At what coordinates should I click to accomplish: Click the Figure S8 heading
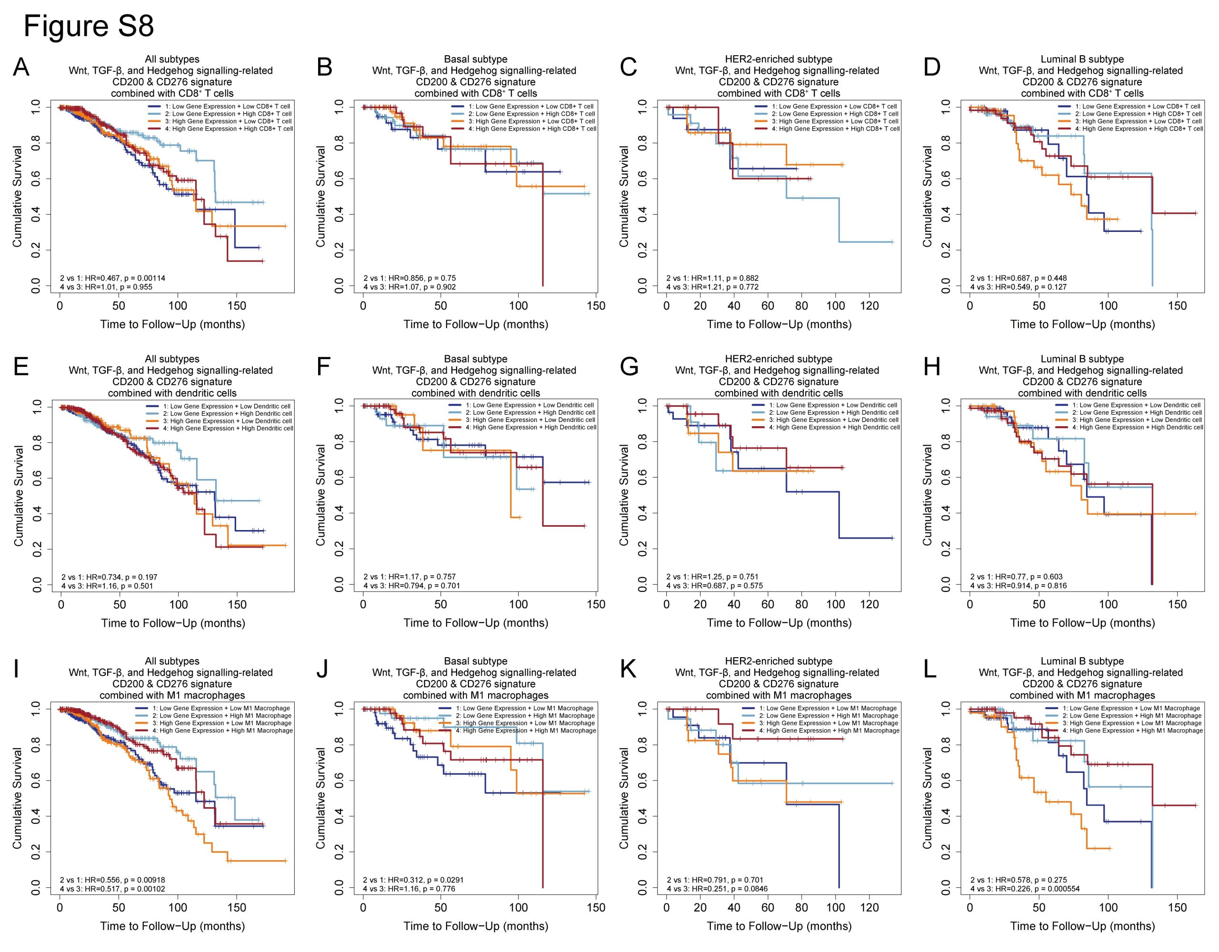88,26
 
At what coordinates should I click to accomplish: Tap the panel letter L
930,670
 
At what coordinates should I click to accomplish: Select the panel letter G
629,367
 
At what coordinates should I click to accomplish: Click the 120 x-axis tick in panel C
869,306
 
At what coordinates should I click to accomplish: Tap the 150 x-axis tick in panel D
1177,306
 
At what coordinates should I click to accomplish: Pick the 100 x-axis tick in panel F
518,605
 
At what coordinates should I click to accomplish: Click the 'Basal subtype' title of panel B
476,59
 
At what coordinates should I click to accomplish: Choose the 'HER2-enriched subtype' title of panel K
779,661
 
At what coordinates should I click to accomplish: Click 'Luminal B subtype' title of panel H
1082,359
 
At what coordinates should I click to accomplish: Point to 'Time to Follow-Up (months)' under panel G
779,623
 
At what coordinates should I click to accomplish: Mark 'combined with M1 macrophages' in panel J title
476,695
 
